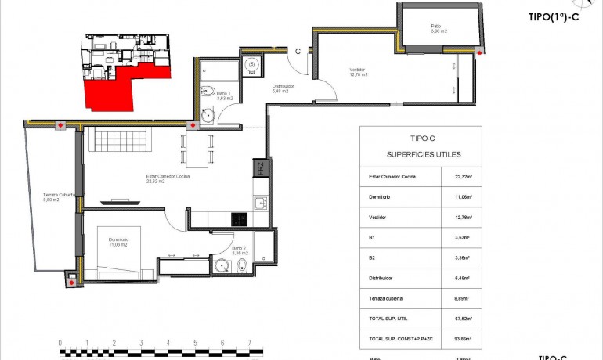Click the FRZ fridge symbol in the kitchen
pyautogui.click(x=261, y=168)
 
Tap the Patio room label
pyautogui.click(x=438, y=27)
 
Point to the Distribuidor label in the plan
pyautogui.click(x=282, y=88)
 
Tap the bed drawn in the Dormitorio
pyautogui.click(x=118, y=263)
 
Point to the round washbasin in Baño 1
pyautogui.click(x=208, y=116)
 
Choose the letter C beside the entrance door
pyautogui.click(x=298, y=52)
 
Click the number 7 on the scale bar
pyautogui.click(x=249, y=343)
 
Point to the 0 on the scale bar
pyautogui.click(x=60, y=343)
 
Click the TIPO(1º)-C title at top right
pyautogui.click(x=553, y=17)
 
